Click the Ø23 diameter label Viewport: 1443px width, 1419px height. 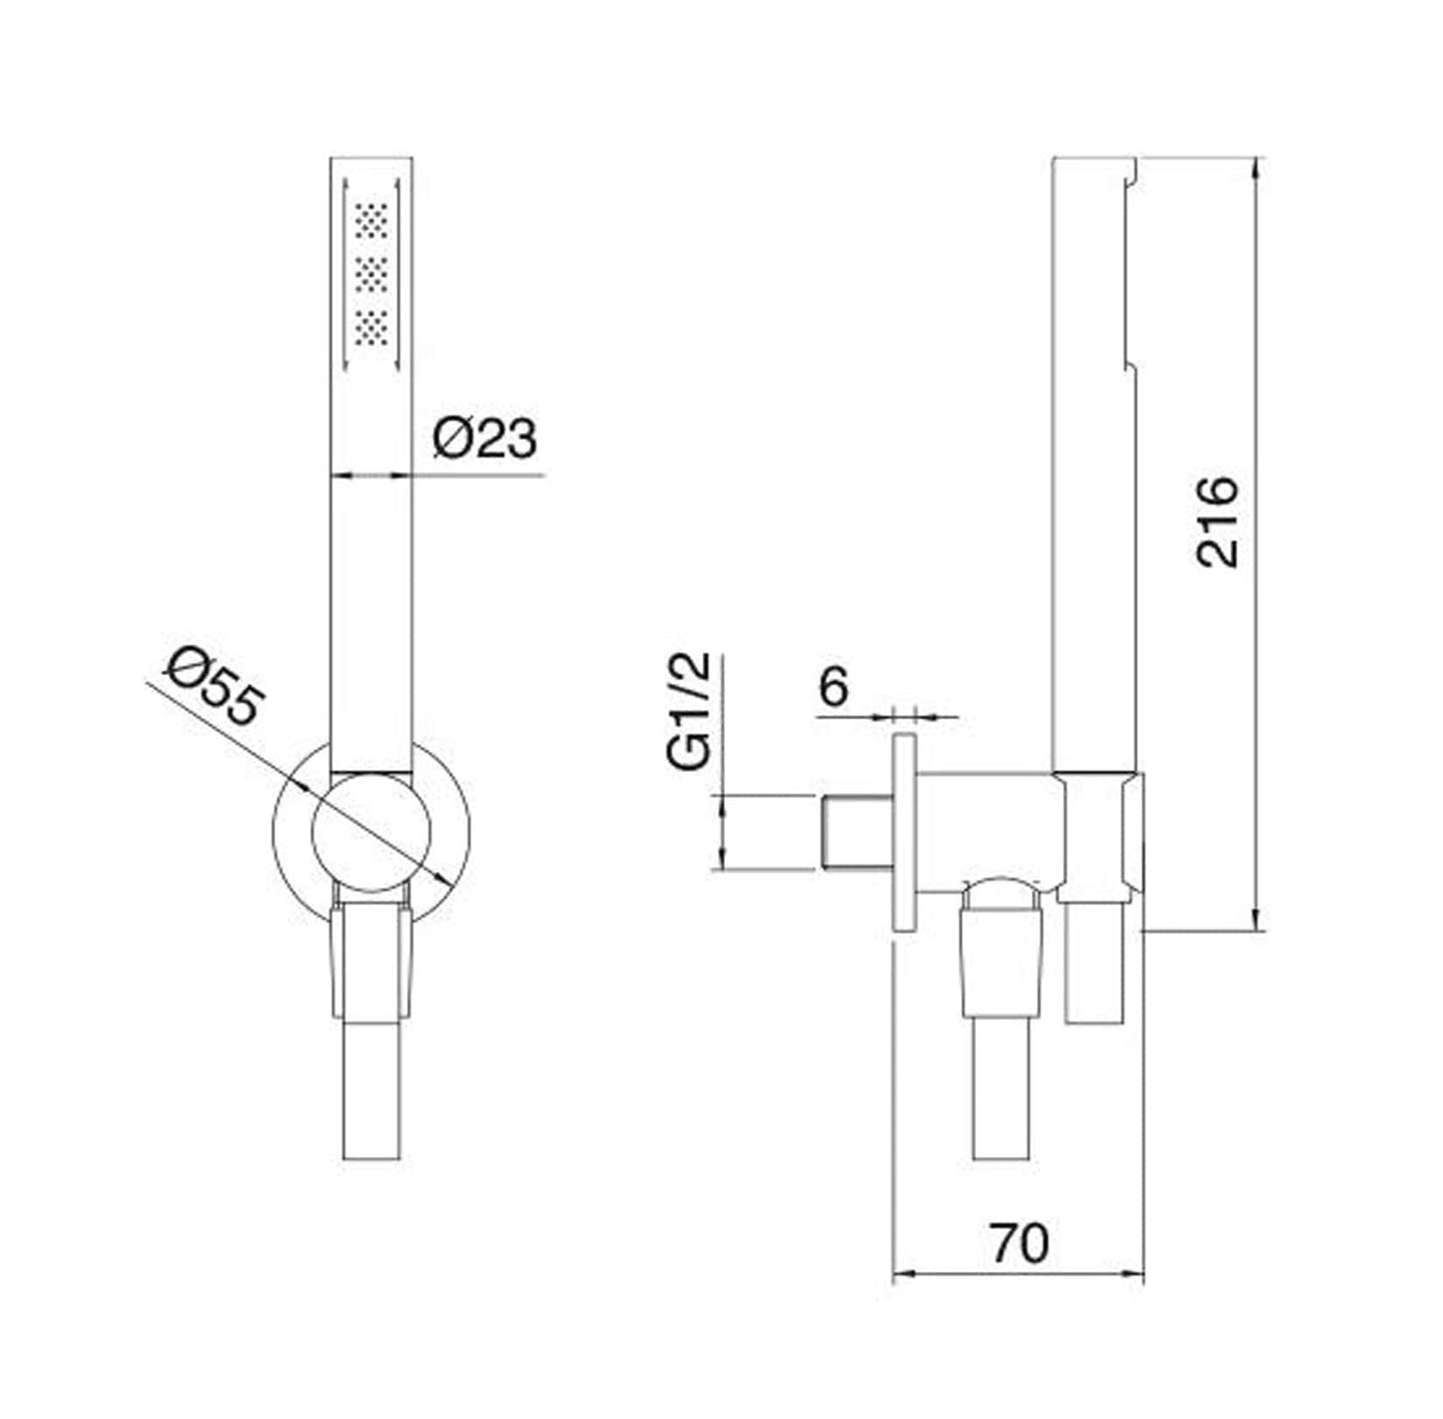point(484,438)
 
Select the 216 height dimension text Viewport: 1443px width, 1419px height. point(1217,522)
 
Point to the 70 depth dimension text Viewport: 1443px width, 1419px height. point(1020,1243)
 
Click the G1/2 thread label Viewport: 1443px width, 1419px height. point(690,710)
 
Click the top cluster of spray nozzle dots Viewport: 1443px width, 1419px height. point(371,221)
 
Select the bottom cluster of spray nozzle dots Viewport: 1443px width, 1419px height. point(371,328)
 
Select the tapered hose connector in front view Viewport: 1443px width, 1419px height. point(371,964)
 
